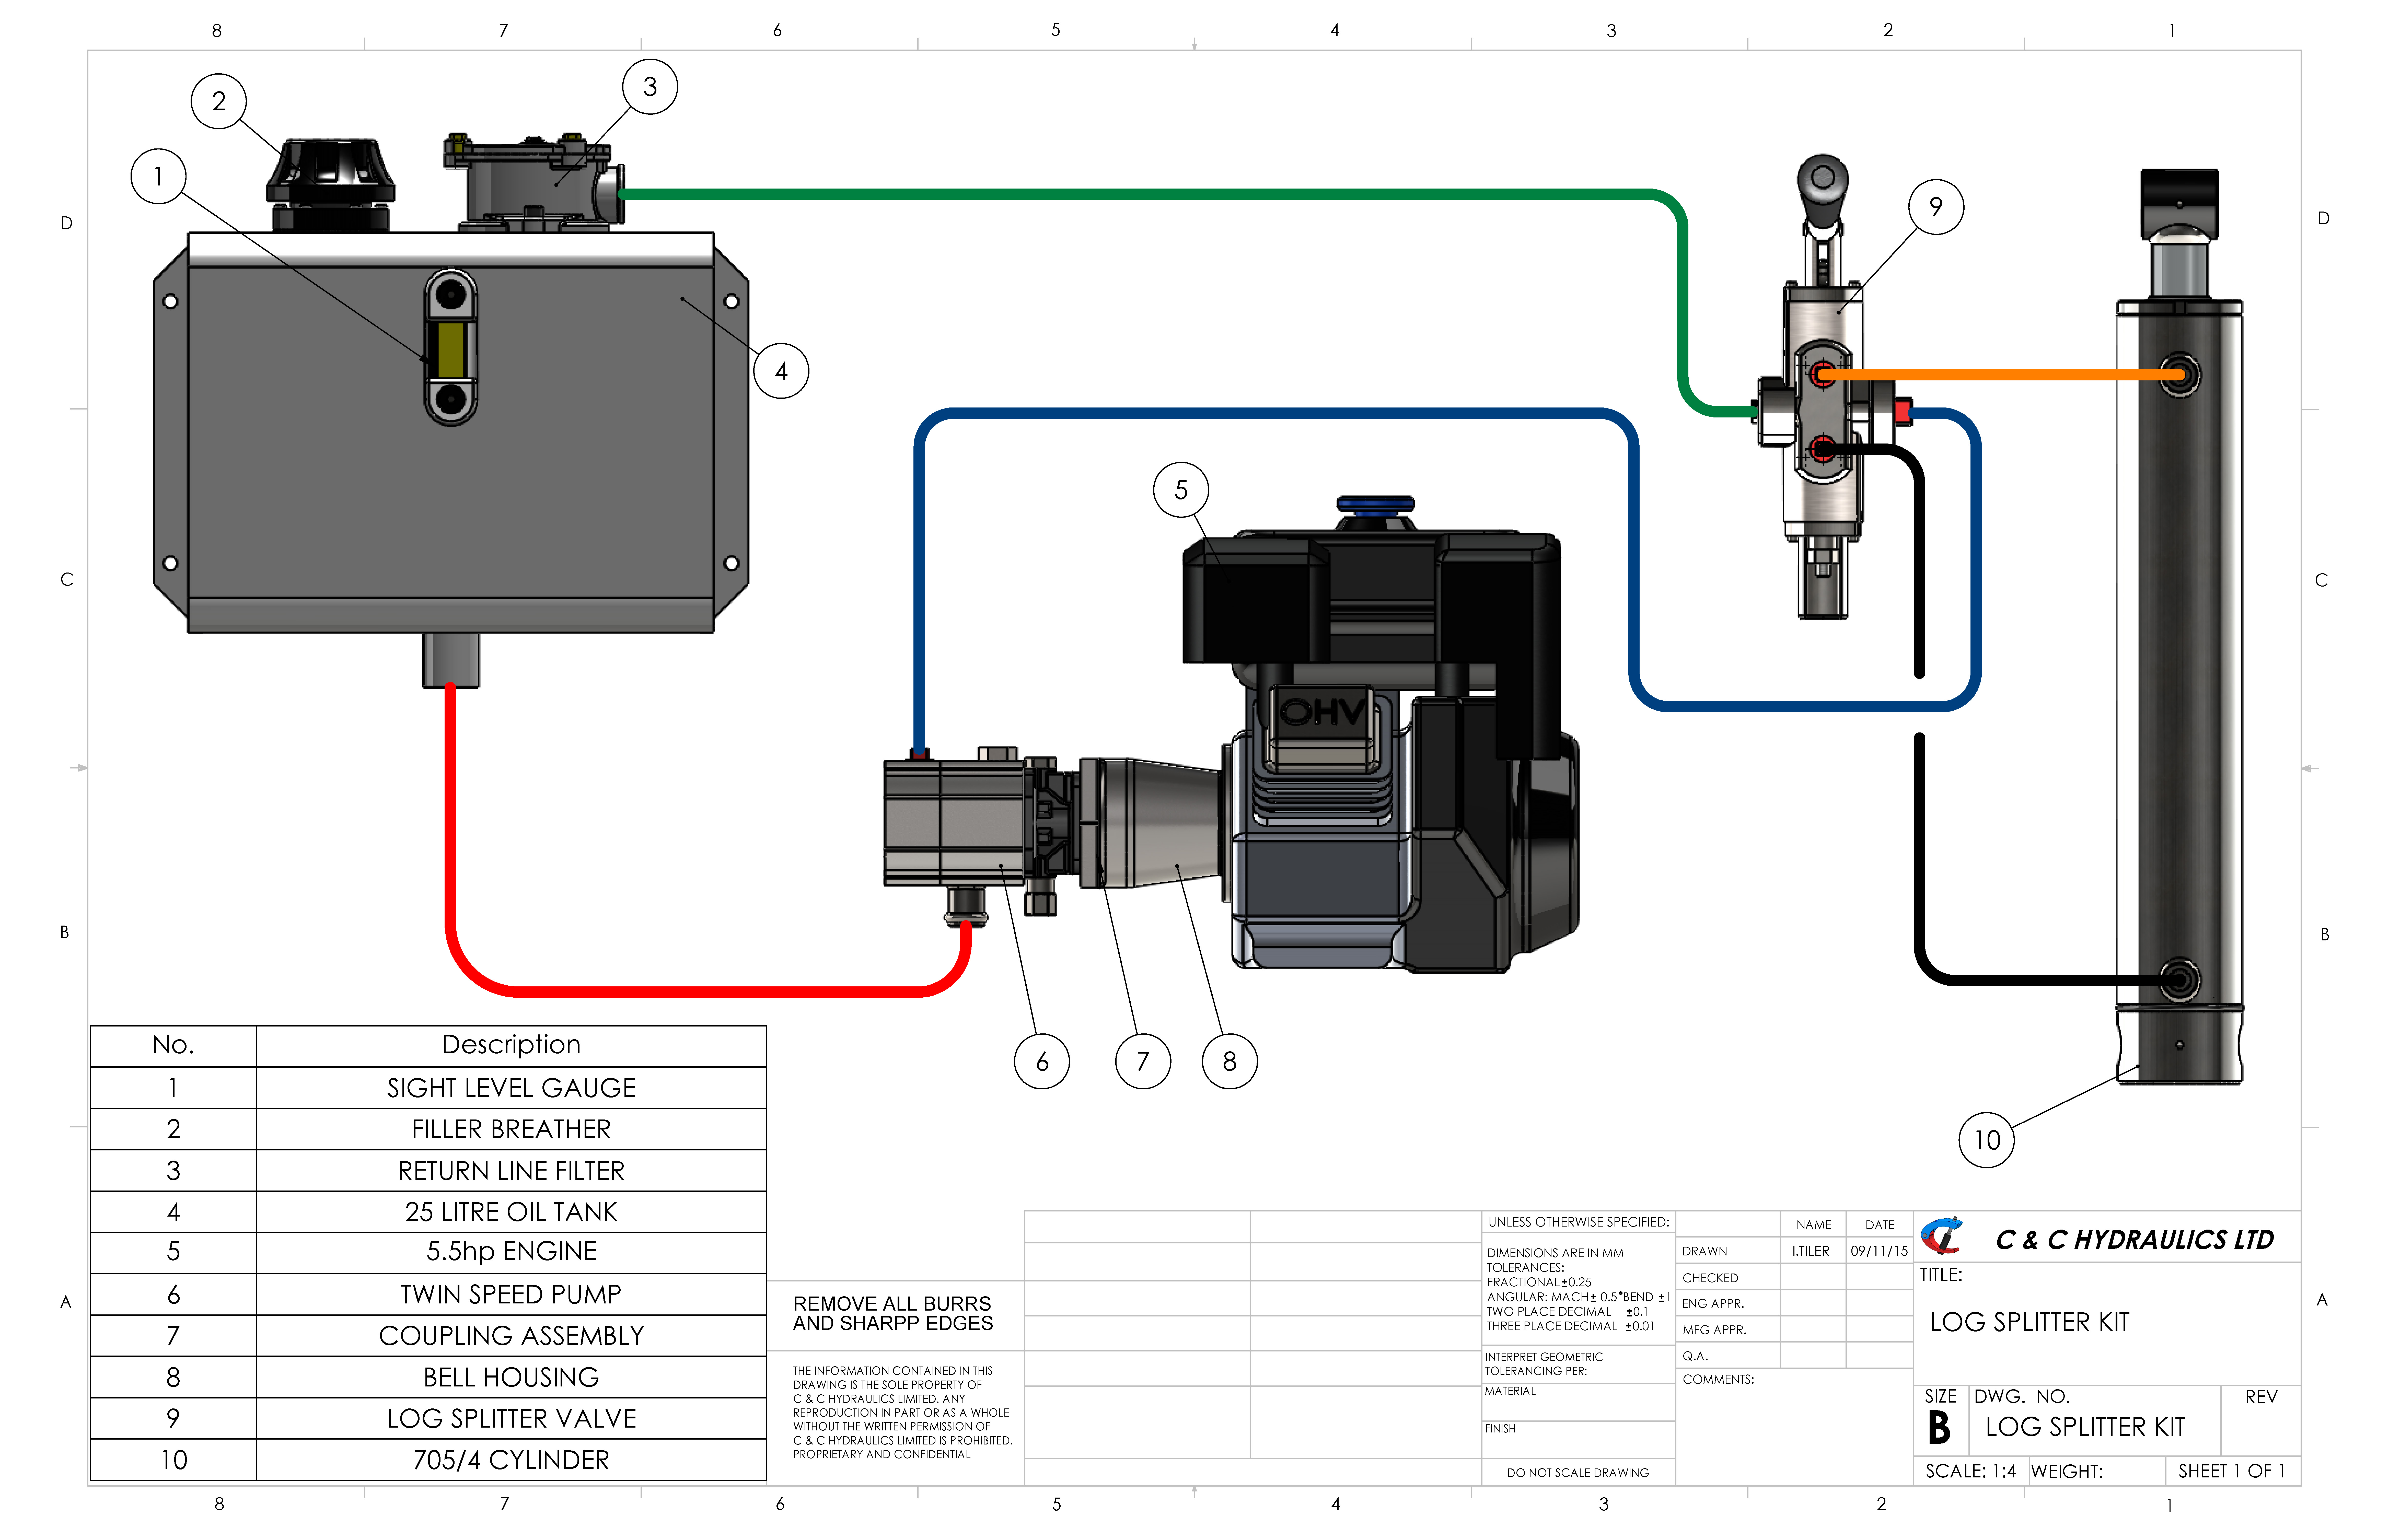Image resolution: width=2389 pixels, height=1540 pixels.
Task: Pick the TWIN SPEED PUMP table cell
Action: pos(511,1294)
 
